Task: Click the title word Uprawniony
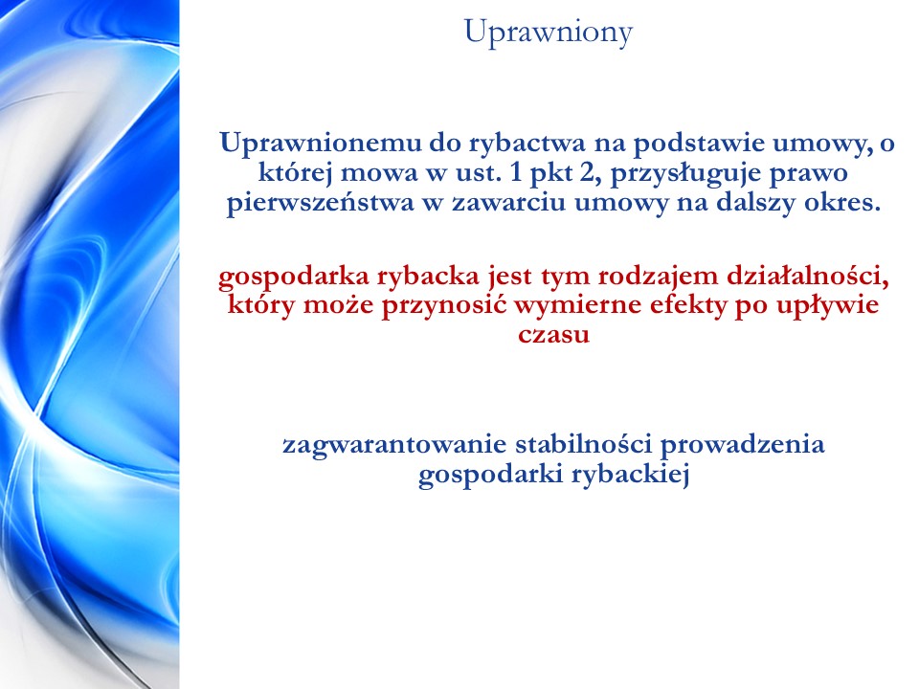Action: point(549,33)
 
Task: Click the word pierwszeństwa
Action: point(321,203)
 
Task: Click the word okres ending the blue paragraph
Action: point(842,202)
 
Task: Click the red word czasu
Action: point(554,335)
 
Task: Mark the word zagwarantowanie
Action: point(394,445)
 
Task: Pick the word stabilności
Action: point(584,444)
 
